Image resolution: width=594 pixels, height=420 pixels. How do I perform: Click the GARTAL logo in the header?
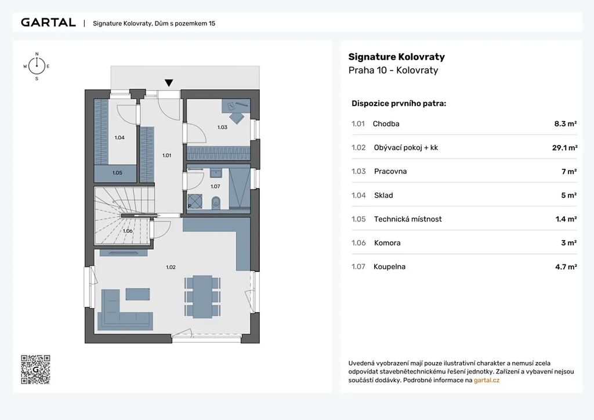(48, 23)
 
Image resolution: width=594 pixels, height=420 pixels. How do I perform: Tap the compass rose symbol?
(37, 66)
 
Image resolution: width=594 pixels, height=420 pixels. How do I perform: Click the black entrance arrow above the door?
(169, 83)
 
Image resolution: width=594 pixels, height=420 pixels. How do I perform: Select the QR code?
(35, 370)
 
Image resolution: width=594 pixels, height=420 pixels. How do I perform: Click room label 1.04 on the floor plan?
(119, 137)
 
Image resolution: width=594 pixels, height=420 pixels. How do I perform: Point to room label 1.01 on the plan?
(166, 155)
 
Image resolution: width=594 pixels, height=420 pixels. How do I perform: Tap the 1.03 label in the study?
(222, 127)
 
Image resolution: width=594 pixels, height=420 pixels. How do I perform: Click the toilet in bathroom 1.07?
(216, 202)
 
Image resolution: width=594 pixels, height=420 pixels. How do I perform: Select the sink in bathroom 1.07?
(216, 173)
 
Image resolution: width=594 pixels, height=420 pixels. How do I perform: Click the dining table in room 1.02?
(202, 296)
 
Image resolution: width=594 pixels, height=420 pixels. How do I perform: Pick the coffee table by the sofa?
(137, 294)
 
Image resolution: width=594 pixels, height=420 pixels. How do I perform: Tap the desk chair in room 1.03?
(237, 118)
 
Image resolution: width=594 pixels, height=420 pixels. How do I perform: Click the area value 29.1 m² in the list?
(564, 148)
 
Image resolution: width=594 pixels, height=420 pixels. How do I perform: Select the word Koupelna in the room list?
(389, 267)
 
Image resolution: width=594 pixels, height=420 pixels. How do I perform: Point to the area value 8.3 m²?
(566, 124)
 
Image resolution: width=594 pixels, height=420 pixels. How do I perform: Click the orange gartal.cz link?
(487, 380)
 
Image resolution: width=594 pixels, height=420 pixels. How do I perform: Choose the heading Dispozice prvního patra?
(399, 103)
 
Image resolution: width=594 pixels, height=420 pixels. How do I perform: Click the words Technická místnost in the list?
(408, 219)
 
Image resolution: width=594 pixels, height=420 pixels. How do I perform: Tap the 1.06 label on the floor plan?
(128, 231)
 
